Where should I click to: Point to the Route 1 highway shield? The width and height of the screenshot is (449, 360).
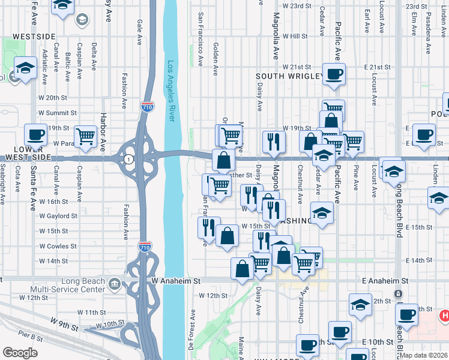pyautogui.click(x=128, y=159)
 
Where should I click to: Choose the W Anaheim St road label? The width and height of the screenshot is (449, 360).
pyautogui.click(x=175, y=280)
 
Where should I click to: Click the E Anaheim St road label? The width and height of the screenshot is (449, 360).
pyautogui.click(x=385, y=280)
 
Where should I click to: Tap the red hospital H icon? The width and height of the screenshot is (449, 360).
pyautogui.click(x=444, y=315)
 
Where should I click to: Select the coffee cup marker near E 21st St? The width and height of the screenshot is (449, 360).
pyautogui.click(x=334, y=74)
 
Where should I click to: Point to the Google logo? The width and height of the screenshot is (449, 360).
pyautogui.click(x=20, y=353)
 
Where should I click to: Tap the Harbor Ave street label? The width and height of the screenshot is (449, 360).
pyautogui.click(x=103, y=132)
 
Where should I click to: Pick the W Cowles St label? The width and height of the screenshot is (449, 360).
pyautogui.click(x=58, y=246)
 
